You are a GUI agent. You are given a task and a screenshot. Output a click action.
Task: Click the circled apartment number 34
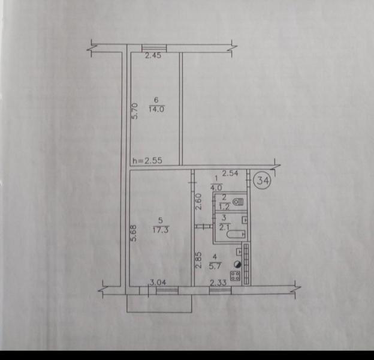(263, 181)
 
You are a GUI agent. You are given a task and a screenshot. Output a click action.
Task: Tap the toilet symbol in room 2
(239, 202)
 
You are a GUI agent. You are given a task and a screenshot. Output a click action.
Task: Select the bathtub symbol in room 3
(236, 234)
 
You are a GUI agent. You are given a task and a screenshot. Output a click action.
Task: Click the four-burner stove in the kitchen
(236, 276)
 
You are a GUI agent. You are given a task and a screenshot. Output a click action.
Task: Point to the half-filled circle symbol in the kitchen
(237, 264)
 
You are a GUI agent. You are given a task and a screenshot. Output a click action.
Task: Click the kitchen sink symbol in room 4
(239, 252)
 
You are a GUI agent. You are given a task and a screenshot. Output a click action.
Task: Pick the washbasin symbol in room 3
(245, 220)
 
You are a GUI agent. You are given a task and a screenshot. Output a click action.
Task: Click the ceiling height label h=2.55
(147, 160)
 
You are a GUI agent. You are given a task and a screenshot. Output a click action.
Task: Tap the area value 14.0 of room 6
(156, 109)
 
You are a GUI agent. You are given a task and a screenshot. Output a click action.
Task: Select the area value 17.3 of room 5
(160, 230)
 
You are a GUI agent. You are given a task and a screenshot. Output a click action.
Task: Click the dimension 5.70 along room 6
(135, 111)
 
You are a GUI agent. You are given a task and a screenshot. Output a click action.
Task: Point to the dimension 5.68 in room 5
(134, 234)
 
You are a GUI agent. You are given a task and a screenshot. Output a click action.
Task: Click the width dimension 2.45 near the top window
(153, 56)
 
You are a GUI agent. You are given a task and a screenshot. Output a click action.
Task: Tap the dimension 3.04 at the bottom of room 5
(158, 283)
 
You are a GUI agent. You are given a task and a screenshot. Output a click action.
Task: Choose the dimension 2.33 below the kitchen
(218, 283)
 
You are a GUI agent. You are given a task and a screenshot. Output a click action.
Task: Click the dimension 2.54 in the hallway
(230, 173)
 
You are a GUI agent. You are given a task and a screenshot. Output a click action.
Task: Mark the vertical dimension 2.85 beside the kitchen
(199, 260)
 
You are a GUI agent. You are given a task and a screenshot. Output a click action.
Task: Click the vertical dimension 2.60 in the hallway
(199, 202)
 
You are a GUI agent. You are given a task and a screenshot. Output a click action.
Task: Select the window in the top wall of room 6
(154, 48)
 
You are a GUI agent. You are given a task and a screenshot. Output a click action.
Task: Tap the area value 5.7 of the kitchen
(215, 266)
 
